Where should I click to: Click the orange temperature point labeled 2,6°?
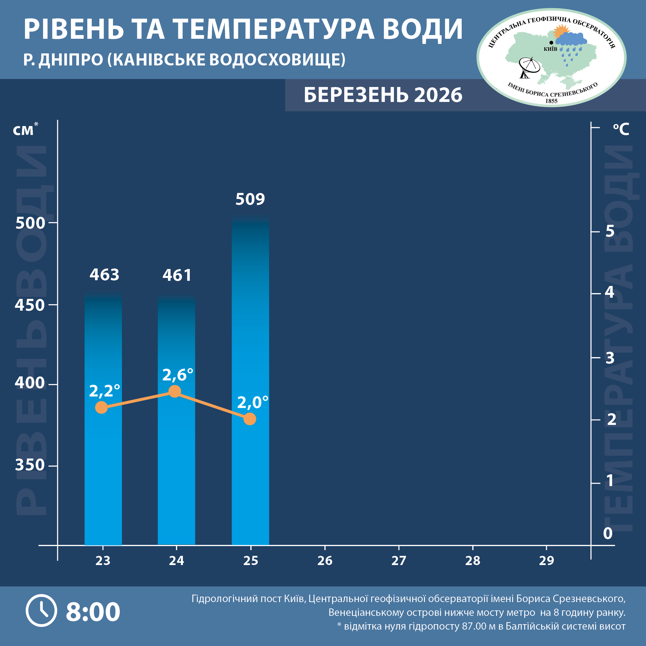coord(175,391)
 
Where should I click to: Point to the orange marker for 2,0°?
coord(250,419)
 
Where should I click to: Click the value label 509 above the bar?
coord(250,199)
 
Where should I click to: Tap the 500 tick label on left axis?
coord(30,223)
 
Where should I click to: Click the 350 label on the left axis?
coord(30,465)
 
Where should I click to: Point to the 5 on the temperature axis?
coord(610,231)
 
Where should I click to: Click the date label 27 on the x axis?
coord(399,561)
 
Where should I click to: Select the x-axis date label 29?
coord(546,561)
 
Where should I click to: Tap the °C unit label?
coord(621,129)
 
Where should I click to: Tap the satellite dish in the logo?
coord(529,67)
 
